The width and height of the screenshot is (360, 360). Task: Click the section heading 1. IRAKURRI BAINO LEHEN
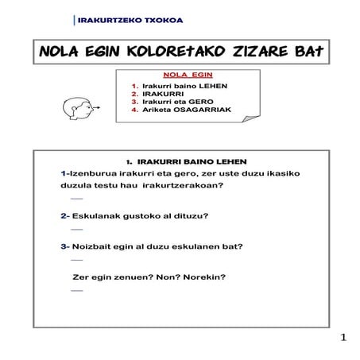pos(179,161)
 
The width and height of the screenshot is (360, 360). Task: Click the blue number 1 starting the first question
pos(63,173)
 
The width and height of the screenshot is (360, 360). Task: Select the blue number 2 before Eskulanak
pos(63,216)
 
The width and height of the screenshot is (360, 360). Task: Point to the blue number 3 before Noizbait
pos(63,246)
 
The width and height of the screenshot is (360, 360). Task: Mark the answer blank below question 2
pos(77,229)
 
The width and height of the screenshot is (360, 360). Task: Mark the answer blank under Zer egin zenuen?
pos(77,290)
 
